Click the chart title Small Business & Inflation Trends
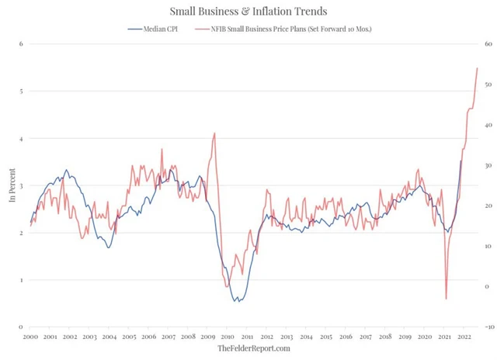248,11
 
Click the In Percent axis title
12,186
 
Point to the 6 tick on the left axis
21,44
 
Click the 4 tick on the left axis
21,139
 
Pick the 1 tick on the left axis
21,280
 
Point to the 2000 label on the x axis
30,337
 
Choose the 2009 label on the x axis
208,337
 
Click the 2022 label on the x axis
464,337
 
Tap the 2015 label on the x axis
326,337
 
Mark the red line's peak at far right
477,68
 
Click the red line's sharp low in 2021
446,299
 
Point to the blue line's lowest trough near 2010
236,301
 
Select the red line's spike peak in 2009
214,133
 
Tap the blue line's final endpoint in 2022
461,161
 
